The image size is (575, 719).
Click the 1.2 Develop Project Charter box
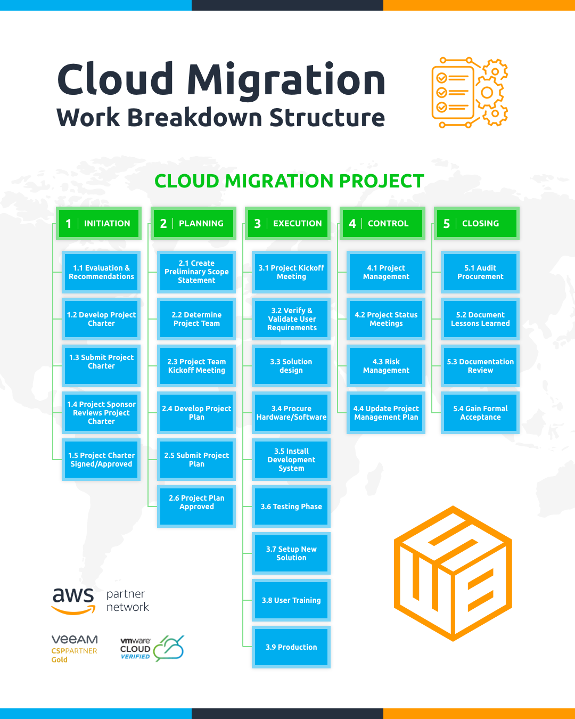pyautogui.click(x=101, y=319)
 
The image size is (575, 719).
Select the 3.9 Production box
pyautogui.click(x=291, y=647)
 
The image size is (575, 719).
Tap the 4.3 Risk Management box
pyautogui.click(x=386, y=366)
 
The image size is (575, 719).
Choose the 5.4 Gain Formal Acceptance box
pyautogui.click(x=480, y=413)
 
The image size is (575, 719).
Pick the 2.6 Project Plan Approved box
pyautogui.click(x=196, y=502)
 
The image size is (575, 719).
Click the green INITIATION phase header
pyautogui.click(x=99, y=223)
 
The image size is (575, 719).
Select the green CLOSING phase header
pyautogui.click(x=477, y=223)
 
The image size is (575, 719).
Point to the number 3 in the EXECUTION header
pyautogui.click(x=258, y=224)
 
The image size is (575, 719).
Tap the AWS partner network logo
pyautogui.click(x=101, y=601)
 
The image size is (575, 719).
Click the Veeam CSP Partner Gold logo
pyautogui.click(x=75, y=648)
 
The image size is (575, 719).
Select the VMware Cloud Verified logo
pyautogui.click(x=152, y=648)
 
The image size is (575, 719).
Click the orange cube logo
pyautogui.click(x=453, y=574)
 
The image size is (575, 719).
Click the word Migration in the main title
pyautogui.click(x=286, y=80)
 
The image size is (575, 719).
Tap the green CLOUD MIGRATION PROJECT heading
pyautogui.click(x=289, y=181)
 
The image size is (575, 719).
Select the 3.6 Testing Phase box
pyautogui.click(x=291, y=506)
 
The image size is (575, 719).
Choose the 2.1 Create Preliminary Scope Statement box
pyautogui.click(x=196, y=272)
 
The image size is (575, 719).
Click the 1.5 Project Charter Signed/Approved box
pyautogui.click(x=101, y=460)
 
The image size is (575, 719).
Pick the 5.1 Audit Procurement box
pyautogui.click(x=480, y=272)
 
